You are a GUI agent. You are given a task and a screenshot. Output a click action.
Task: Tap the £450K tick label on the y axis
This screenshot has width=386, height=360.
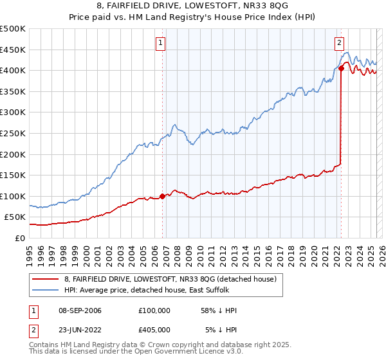coord(12,50)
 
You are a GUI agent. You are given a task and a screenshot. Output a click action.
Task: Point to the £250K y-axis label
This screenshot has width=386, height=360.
coord(12,133)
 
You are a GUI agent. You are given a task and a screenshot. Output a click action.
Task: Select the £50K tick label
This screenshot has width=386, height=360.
coord(15,217)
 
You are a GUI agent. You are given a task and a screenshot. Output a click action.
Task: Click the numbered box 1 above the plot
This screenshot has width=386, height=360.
coord(160,43)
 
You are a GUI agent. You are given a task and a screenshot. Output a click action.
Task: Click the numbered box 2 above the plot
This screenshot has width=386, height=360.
coord(339,43)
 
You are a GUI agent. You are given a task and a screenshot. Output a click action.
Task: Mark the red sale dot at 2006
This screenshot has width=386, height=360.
coord(162,196)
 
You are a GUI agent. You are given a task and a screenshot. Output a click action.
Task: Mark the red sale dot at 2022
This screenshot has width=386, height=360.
coord(341,69)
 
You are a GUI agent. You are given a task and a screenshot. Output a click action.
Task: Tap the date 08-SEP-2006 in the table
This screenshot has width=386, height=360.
coord(79,310)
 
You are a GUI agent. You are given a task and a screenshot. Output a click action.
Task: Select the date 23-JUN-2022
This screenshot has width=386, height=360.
coord(79,330)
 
